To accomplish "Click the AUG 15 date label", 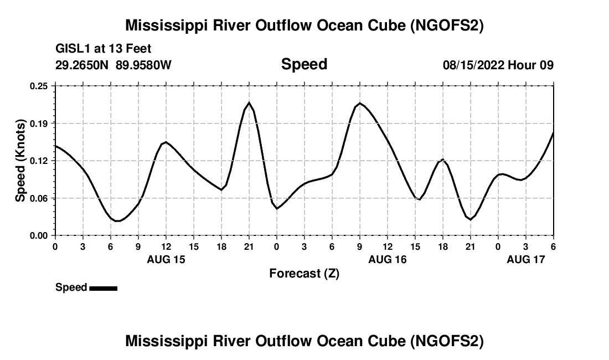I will [x=166, y=259].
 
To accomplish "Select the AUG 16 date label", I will [x=388, y=259].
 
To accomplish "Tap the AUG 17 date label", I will [x=526, y=259].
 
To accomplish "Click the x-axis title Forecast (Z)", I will [x=304, y=273].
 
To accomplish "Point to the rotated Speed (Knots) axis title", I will [x=20, y=161].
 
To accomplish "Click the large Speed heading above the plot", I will [x=304, y=64].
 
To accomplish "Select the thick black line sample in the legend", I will [x=103, y=288].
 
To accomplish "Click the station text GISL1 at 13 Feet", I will [x=104, y=49].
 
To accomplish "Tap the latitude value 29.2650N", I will [x=82, y=65].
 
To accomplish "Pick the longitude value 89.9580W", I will [x=143, y=65].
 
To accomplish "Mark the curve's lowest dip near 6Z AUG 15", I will [x=118, y=221].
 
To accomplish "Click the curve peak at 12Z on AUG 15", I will [x=166, y=142].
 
